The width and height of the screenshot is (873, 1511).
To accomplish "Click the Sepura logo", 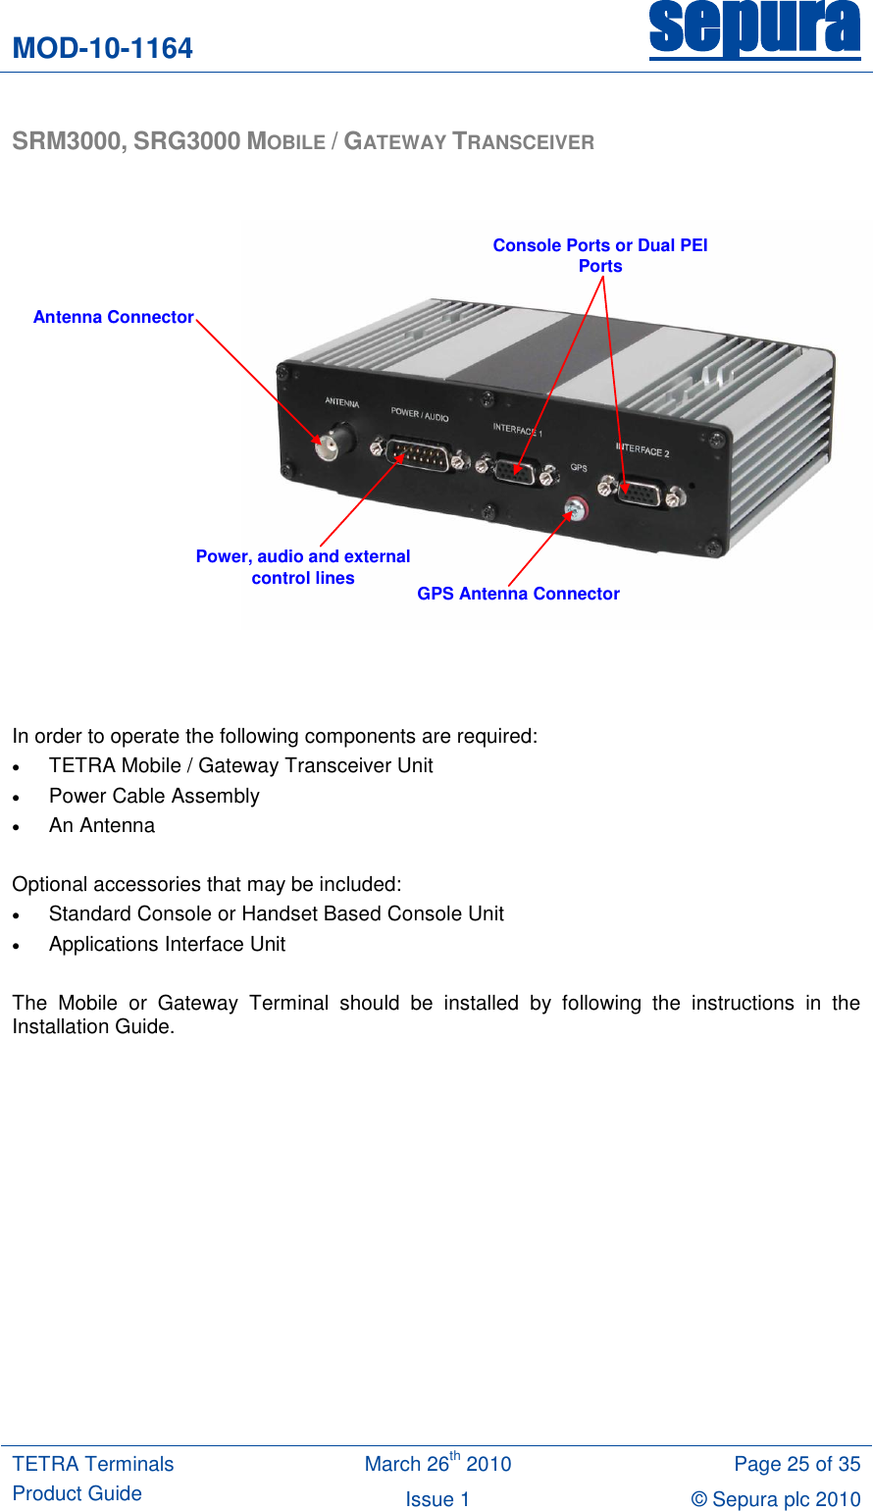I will [x=754, y=29].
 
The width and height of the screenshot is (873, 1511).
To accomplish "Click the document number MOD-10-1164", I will [x=103, y=48].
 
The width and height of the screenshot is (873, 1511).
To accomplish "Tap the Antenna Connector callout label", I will [x=113, y=317].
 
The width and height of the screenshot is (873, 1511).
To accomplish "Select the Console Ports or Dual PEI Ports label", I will [x=599, y=255].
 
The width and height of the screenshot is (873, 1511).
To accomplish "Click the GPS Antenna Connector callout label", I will [x=518, y=594].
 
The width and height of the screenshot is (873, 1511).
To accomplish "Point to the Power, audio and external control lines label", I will [x=302, y=567].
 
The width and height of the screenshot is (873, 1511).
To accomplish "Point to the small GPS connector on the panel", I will [x=575, y=507].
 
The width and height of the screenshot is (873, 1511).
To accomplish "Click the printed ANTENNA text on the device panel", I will [x=342, y=402].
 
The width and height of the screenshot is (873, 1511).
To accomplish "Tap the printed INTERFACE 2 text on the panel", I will [x=642, y=449].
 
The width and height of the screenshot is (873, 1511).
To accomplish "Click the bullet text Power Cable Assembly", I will [x=154, y=796].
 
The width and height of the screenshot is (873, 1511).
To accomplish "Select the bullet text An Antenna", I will [x=102, y=825].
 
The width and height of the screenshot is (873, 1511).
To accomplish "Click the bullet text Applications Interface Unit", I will [x=167, y=944].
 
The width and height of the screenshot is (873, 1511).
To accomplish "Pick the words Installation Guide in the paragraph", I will [x=93, y=1026].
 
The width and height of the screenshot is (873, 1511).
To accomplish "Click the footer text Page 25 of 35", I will [x=796, y=1464].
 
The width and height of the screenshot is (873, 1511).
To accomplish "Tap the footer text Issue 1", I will [x=437, y=1499].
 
